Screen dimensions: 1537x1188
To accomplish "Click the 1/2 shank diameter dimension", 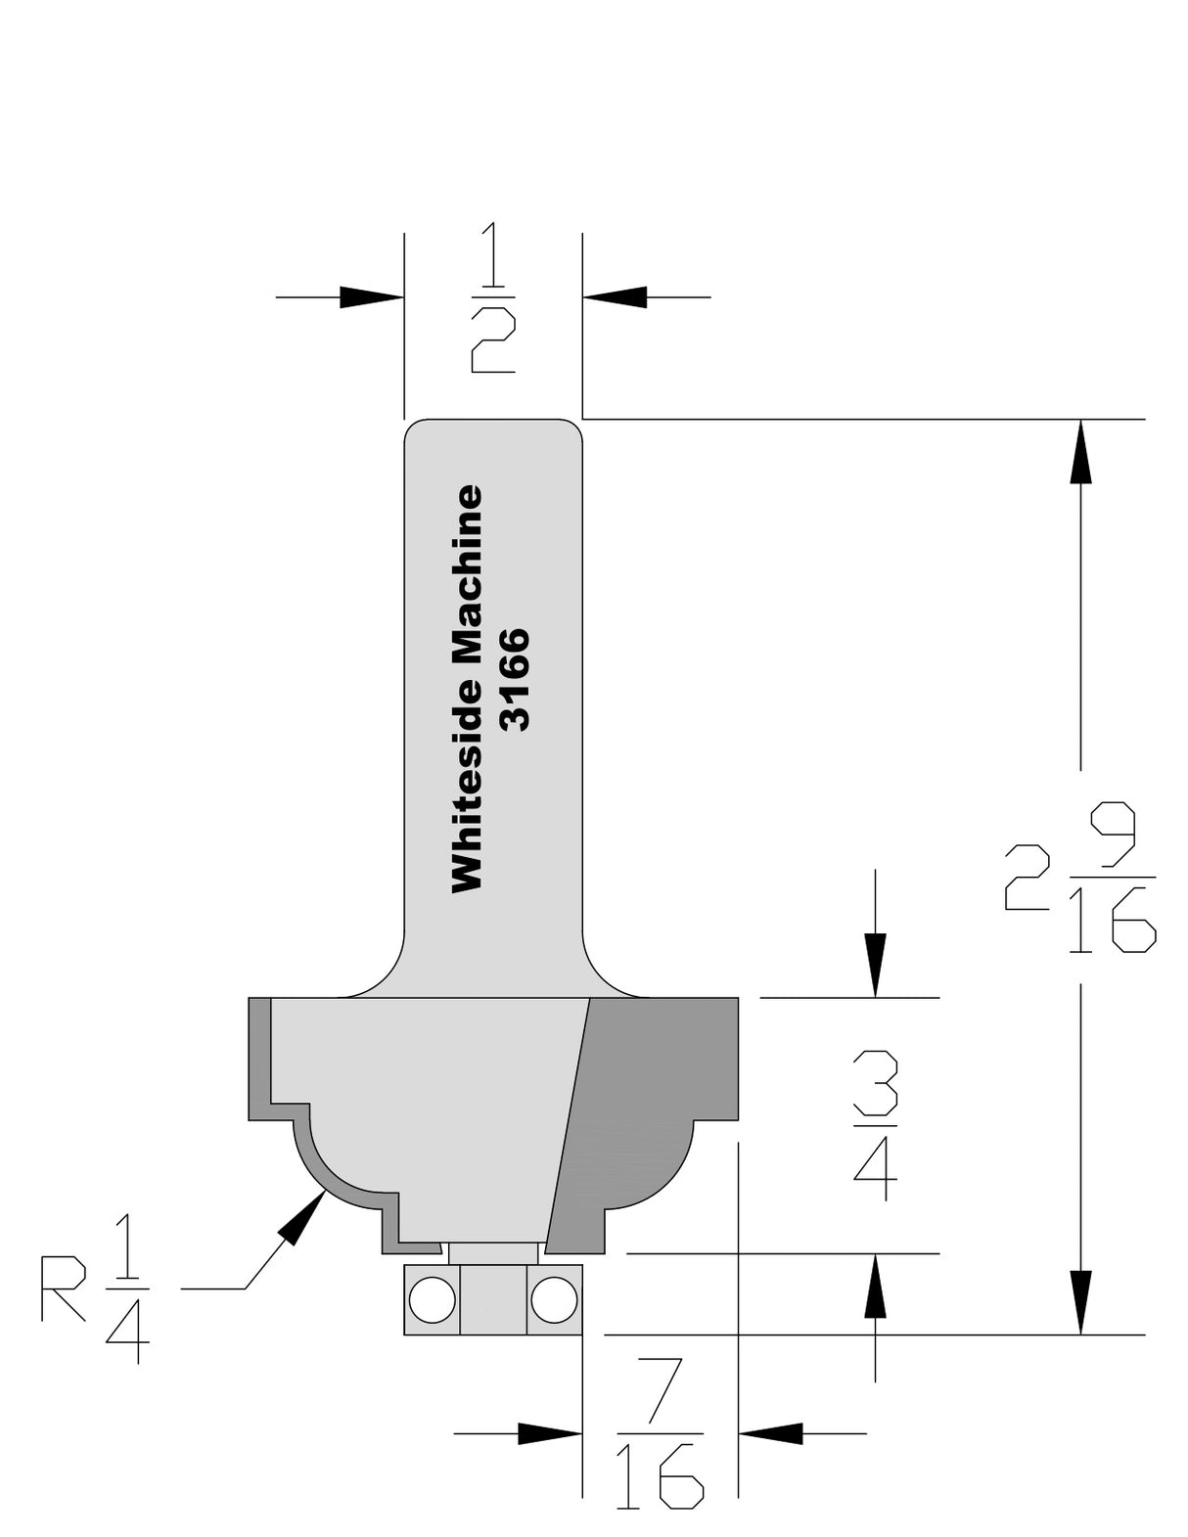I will [493, 297].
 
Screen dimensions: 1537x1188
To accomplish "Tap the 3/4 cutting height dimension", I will [874, 1125].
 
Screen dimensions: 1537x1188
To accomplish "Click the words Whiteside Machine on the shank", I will [467, 688].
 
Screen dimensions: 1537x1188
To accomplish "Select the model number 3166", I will [514, 679].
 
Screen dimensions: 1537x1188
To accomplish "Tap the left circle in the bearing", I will [432, 1300].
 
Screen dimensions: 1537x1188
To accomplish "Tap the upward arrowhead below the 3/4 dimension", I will [875, 1286].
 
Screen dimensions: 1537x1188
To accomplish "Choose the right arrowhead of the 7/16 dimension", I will [771, 1434].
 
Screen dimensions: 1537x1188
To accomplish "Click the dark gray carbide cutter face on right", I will [656, 1086].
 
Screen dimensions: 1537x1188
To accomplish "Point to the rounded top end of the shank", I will [493, 430].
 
